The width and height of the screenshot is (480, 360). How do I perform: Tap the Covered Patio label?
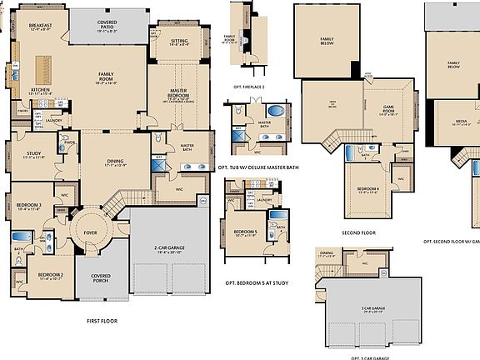click(x=107, y=26)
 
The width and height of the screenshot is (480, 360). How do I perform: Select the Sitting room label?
click(x=179, y=42)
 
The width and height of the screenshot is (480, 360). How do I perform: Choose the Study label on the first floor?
click(x=33, y=154)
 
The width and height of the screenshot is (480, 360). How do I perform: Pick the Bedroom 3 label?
click(x=28, y=205)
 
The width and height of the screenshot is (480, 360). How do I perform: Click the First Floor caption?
click(x=105, y=320)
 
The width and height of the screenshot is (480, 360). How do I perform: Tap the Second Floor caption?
click(x=358, y=232)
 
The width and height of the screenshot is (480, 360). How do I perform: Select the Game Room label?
click(x=388, y=108)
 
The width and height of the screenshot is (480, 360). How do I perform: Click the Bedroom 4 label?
click(x=368, y=188)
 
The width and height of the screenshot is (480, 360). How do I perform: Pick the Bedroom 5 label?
click(x=245, y=232)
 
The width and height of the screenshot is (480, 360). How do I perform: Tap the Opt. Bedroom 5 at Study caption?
click(x=255, y=283)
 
